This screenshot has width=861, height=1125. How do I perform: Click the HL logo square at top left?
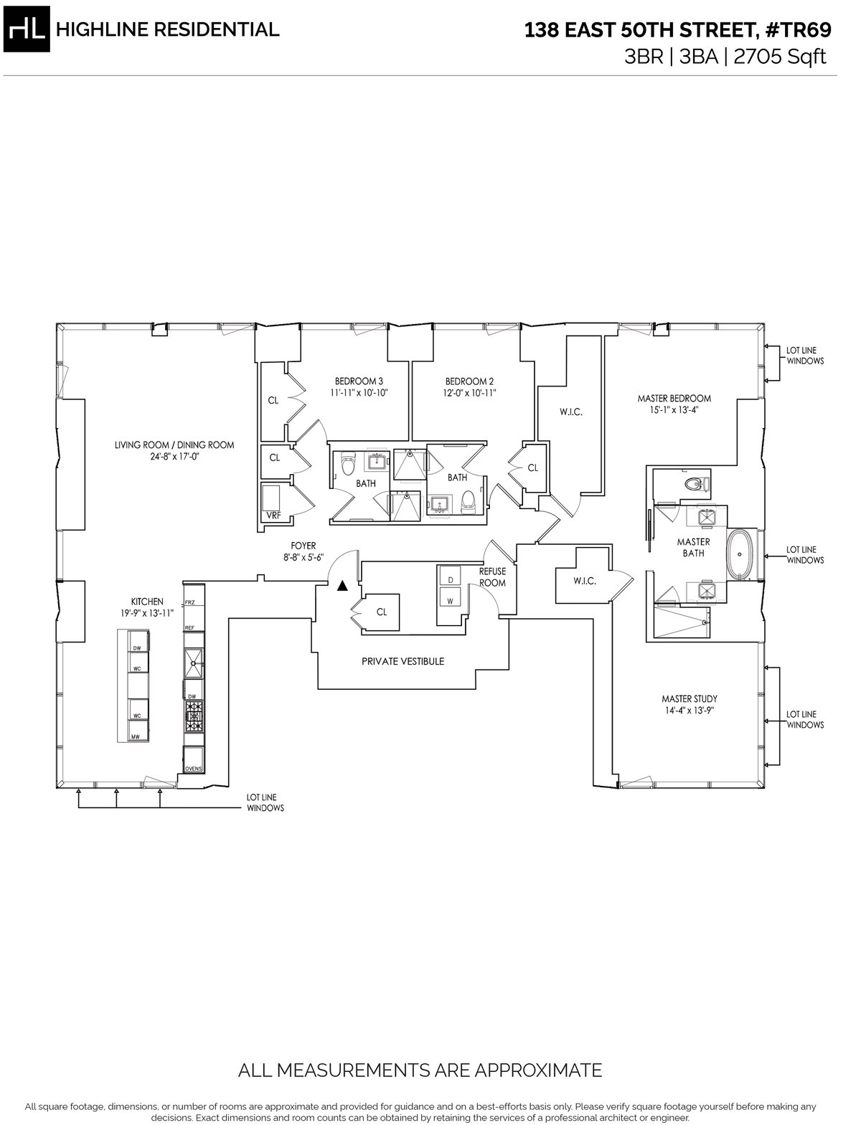click(28, 29)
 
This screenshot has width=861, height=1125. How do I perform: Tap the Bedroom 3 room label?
click(357, 381)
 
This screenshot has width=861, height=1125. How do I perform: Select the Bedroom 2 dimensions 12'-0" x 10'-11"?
click(469, 393)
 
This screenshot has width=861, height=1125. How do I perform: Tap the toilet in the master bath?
click(695, 484)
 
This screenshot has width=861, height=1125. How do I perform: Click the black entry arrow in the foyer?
click(342, 585)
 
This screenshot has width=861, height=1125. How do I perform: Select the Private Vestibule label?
click(403, 661)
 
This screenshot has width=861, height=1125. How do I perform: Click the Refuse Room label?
click(493, 576)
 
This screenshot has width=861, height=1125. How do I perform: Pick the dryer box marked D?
click(450, 579)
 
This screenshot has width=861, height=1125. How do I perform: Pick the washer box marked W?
click(450, 601)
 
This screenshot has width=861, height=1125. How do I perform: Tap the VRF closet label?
click(273, 515)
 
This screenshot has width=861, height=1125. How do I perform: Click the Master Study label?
click(689, 698)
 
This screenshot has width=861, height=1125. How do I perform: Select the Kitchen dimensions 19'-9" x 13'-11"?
click(147, 613)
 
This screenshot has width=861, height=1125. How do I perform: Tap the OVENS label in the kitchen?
click(193, 769)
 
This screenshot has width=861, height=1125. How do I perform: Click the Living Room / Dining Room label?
click(174, 445)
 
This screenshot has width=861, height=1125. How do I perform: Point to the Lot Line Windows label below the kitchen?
click(265, 802)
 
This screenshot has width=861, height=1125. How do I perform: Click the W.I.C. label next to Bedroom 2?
click(570, 412)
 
